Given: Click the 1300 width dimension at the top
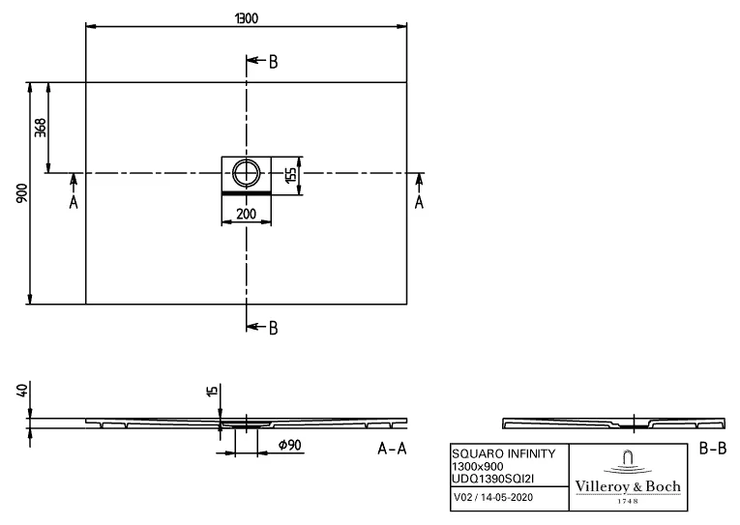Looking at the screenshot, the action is (x=247, y=18).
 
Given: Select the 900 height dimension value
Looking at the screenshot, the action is (x=22, y=193).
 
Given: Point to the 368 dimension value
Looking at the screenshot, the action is (x=41, y=128).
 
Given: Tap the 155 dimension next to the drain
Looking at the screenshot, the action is (x=291, y=175).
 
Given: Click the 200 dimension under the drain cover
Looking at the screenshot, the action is (x=247, y=214).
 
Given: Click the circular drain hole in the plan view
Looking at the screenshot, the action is (x=246, y=173).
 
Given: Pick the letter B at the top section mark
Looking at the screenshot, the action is (x=273, y=62).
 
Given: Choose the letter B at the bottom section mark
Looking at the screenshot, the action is (x=273, y=329).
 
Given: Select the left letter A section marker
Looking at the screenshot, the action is (x=74, y=202).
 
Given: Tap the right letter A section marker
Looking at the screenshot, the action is (x=419, y=202).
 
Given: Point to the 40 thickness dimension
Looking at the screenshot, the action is (x=22, y=390).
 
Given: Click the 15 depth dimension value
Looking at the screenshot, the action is (x=213, y=390).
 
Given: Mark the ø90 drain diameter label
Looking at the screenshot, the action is (x=290, y=445).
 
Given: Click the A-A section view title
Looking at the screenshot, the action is (x=392, y=448).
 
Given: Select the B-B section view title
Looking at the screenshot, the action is (x=713, y=448).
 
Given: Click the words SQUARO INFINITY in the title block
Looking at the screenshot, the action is (x=504, y=453).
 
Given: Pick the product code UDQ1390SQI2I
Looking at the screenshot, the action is (x=493, y=479).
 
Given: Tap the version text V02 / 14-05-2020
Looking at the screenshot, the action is (x=493, y=497).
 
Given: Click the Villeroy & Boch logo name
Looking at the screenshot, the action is (x=628, y=486).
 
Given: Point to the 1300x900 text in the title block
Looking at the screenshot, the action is (x=478, y=467).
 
